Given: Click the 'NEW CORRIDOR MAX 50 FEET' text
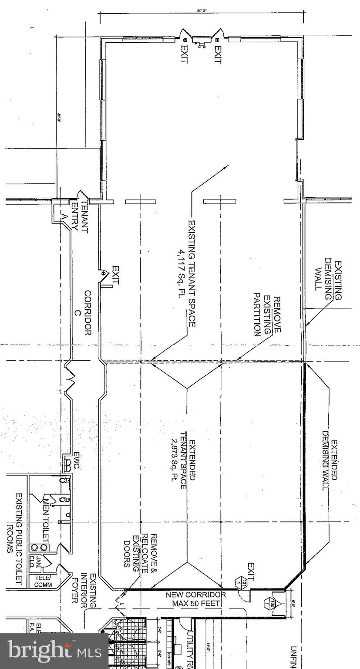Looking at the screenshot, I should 195,599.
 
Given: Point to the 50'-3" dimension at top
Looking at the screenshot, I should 202,10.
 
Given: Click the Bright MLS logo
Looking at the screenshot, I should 54,652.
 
